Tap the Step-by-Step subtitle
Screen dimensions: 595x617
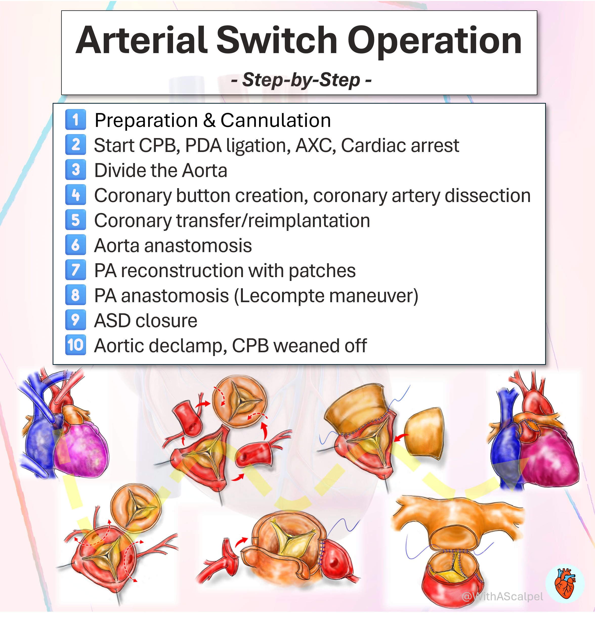tap(301, 80)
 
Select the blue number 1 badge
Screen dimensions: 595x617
tap(75, 120)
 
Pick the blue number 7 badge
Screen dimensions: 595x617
tap(75, 270)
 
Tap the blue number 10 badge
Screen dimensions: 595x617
tap(75, 345)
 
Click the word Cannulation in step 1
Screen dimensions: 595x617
tap(275, 120)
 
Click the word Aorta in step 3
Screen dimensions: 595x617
tap(204, 171)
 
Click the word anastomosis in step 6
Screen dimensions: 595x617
tap(198, 246)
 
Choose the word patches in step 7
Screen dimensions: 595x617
tap(322, 271)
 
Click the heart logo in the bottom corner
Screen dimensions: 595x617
tap(565, 583)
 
